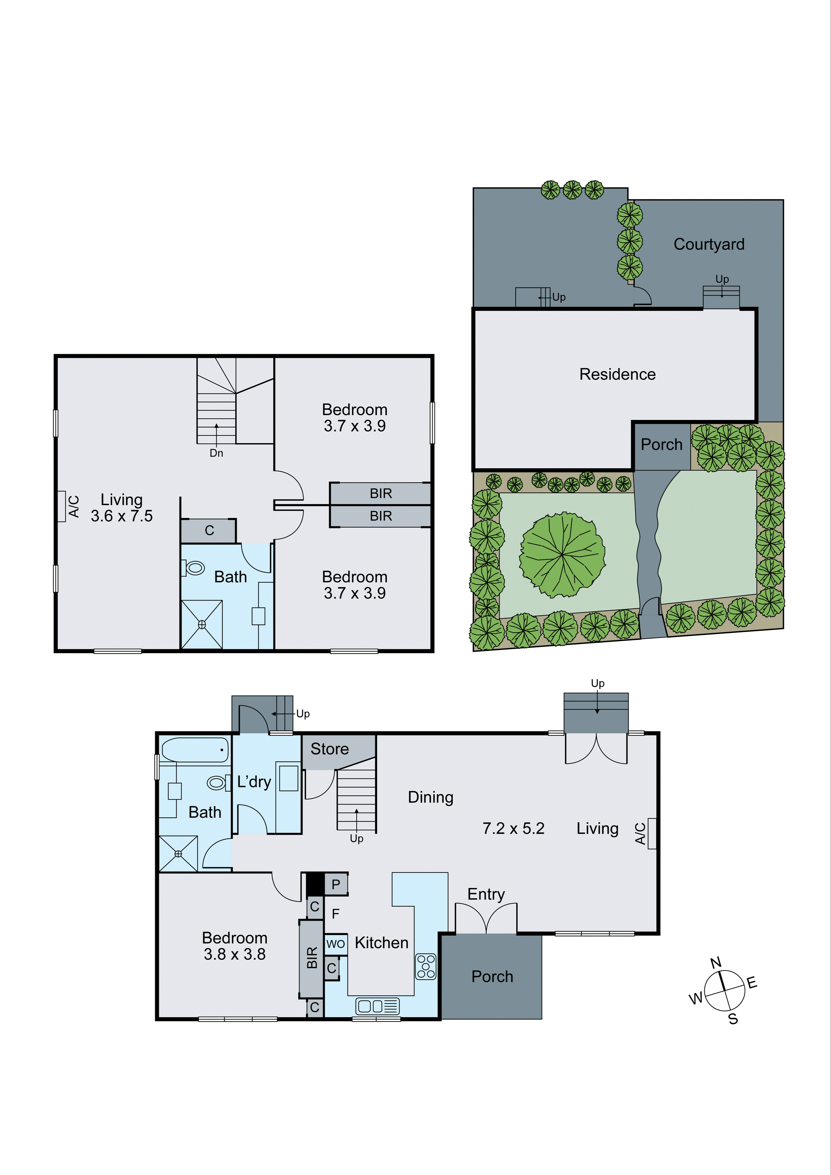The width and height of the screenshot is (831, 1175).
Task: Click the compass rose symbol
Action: (x=724, y=990)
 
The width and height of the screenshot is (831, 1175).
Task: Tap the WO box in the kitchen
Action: (x=336, y=944)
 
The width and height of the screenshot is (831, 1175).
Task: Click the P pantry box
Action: (x=336, y=884)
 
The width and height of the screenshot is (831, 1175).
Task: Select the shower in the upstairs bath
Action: (x=202, y=624)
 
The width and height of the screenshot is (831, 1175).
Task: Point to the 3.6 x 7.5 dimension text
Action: (x=122, y=516)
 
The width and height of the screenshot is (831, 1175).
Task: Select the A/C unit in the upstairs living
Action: (x=62, y=506)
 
